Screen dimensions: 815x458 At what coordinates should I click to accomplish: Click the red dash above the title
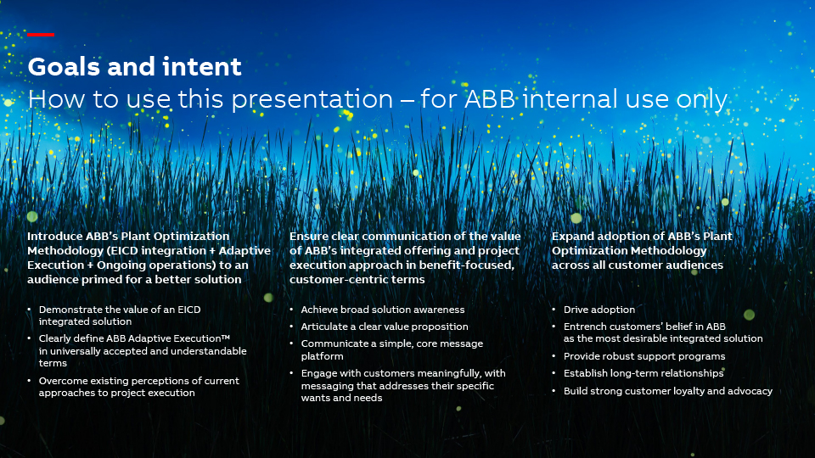pos(41,35)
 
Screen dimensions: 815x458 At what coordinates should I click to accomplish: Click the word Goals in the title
pos(64,67)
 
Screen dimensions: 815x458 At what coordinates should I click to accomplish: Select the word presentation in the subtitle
pos(312,100)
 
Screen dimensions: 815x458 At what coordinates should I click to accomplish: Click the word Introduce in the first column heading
pos(54,237)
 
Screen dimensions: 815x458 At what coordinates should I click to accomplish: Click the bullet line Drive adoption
pos(599,310)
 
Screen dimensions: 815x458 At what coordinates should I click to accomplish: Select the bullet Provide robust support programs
pos(644,356)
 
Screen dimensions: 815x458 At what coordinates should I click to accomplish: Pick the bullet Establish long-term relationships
pos(644,373)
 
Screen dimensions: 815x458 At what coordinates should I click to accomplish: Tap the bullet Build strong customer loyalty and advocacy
pos(668,391)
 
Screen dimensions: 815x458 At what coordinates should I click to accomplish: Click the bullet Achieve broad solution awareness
pos(383,310)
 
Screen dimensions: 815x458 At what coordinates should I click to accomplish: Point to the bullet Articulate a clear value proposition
pos(385,327)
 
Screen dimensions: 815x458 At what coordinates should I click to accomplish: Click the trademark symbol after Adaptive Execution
pos(226,338)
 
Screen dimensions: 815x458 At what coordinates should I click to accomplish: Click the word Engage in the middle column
pos(319,373)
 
